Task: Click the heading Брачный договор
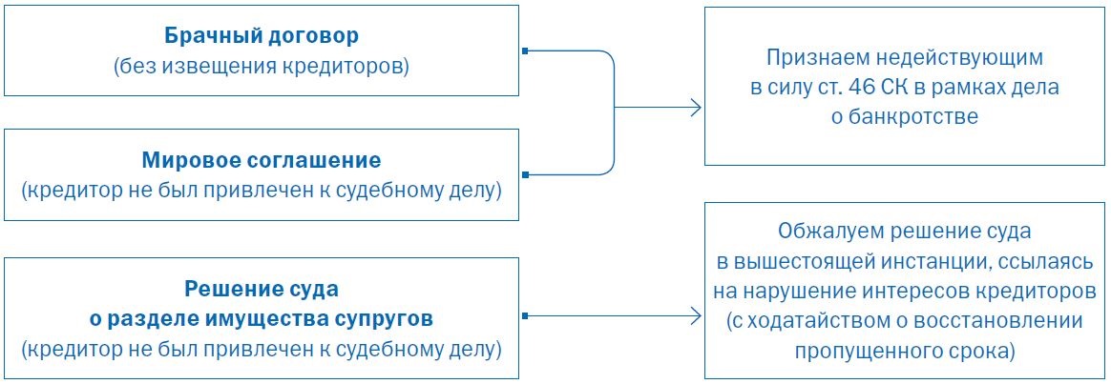point(262,38)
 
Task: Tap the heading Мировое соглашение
point(262,159)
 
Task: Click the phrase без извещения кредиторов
point(262,67)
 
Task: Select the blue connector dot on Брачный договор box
point(525,50)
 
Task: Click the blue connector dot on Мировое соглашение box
point(525,174)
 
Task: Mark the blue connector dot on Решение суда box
point(525,315)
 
